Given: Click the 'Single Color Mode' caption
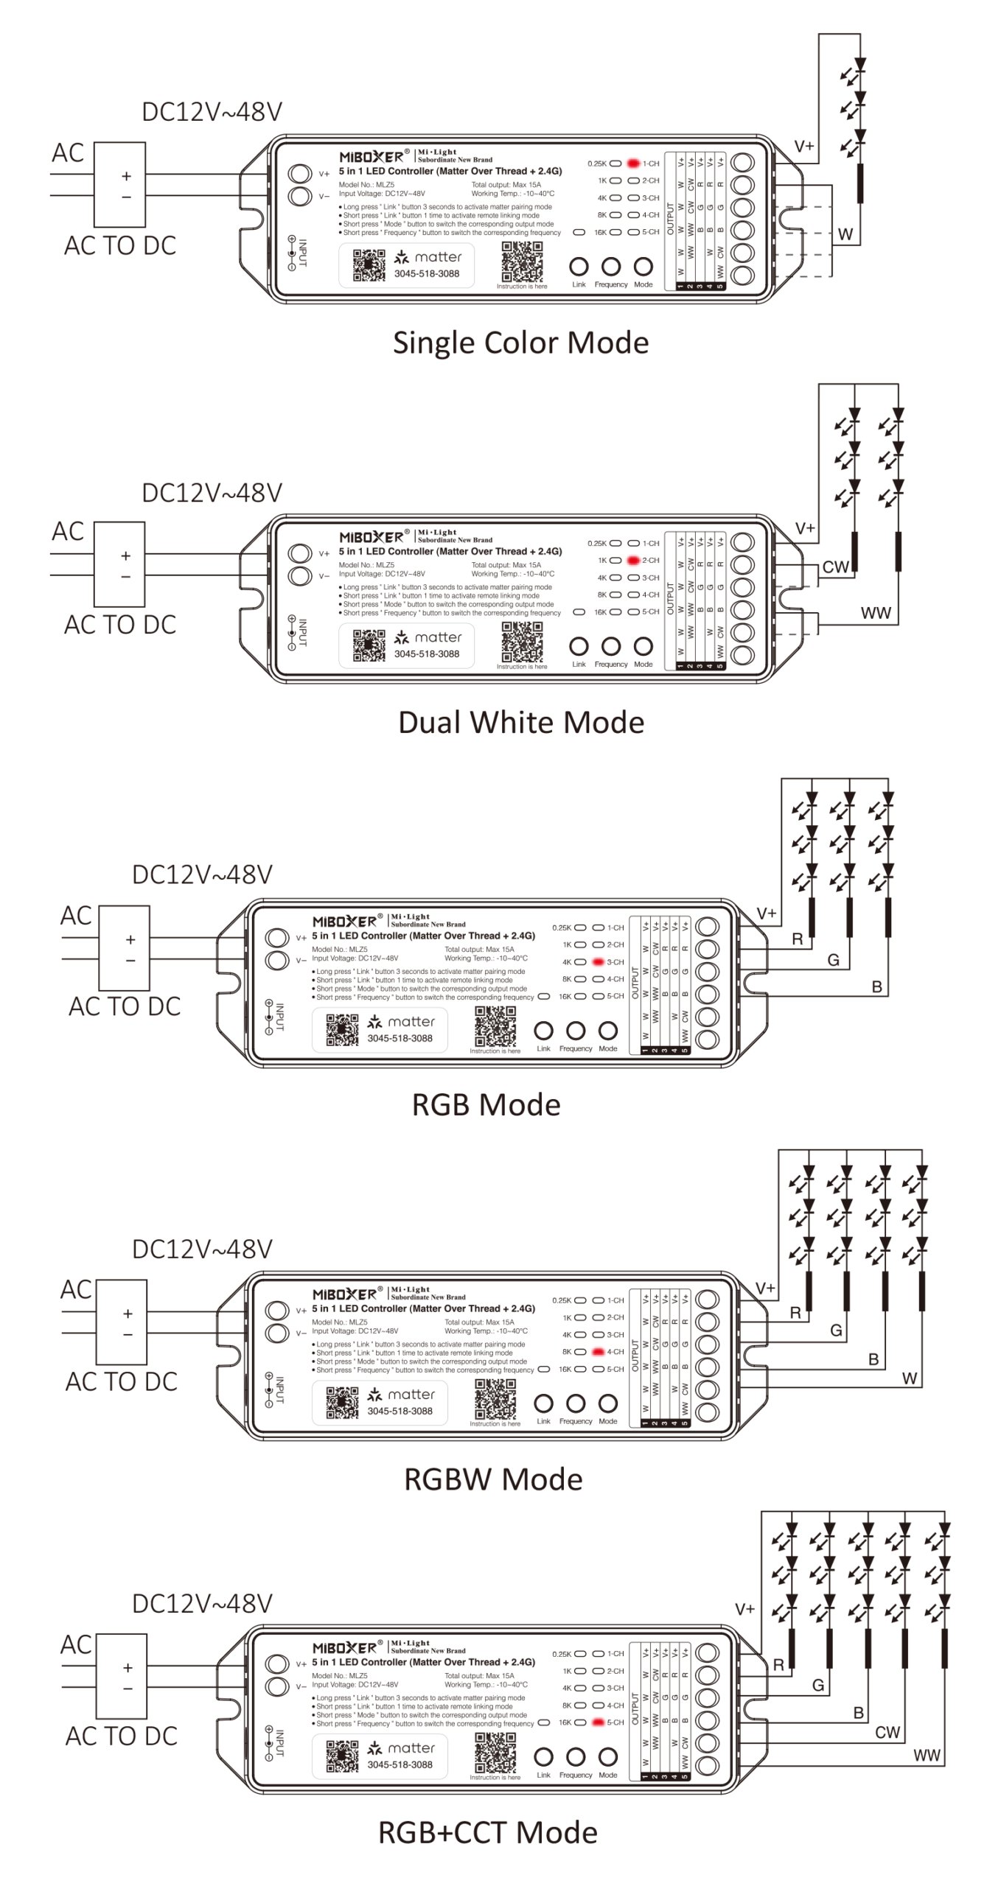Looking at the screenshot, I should point(520,343).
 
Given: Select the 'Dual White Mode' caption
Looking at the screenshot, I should point(520,723).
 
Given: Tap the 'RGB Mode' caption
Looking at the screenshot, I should point(486,1105).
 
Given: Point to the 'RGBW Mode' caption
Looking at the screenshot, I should point(493,1479).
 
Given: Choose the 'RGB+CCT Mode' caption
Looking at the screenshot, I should point(487,1832).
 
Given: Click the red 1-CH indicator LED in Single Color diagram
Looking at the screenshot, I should point(633,164).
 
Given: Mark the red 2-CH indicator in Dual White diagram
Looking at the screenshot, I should point(633,561).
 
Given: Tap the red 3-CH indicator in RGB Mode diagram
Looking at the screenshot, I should point(598,962).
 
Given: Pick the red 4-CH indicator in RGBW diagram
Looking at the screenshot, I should point(598,1352).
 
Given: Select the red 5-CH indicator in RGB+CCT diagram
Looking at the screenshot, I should point(598,1722).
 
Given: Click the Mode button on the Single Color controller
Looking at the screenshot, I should point(643,267).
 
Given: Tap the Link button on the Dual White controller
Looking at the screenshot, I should point(579,647).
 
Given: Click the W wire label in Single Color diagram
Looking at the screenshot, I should point(845,234).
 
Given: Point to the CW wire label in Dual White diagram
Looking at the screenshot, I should point(835,567).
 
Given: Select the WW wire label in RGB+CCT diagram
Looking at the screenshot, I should point(927,1756).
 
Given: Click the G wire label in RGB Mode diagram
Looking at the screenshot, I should point(833,960).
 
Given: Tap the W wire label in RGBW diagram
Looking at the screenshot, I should point(910,1378).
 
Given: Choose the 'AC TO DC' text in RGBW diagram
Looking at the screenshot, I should point(122,1382).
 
